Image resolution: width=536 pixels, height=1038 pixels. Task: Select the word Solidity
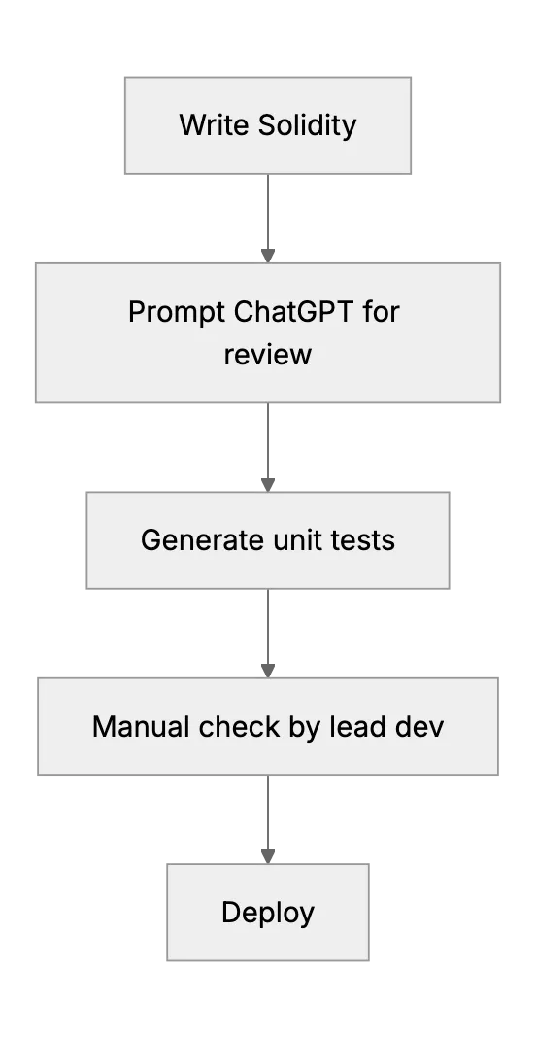pos(307,125)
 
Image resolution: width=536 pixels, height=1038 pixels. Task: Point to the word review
pos(267,354)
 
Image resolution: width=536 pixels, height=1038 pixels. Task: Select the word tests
pos(364,540)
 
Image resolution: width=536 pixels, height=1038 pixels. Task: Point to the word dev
pos(419,726)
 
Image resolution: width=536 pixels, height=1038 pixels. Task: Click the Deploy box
pos(268,913)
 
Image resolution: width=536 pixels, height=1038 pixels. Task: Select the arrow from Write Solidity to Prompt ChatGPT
pos(268,219)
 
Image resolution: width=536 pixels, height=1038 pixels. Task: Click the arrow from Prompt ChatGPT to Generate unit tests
pos(268,447)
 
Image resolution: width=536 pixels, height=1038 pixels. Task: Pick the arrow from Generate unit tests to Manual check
pos(268,634)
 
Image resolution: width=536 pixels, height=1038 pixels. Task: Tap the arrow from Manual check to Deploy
pos(268,819)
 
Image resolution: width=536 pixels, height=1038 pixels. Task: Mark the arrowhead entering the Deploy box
pos(268,857)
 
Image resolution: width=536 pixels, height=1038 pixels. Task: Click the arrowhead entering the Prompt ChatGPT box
pos(268,257)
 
